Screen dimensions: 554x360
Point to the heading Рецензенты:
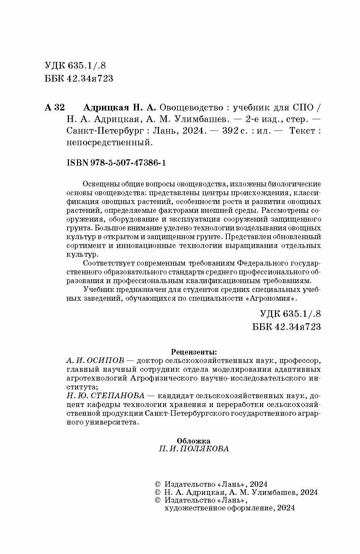click(x=194, y=351)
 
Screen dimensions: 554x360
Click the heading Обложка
click(x=194, y=441)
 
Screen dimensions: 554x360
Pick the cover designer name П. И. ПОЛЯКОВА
click(x=194, y=449)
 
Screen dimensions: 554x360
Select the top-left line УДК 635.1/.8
click(x=76, y=66)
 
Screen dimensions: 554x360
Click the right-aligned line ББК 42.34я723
click(x=287, y=327)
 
